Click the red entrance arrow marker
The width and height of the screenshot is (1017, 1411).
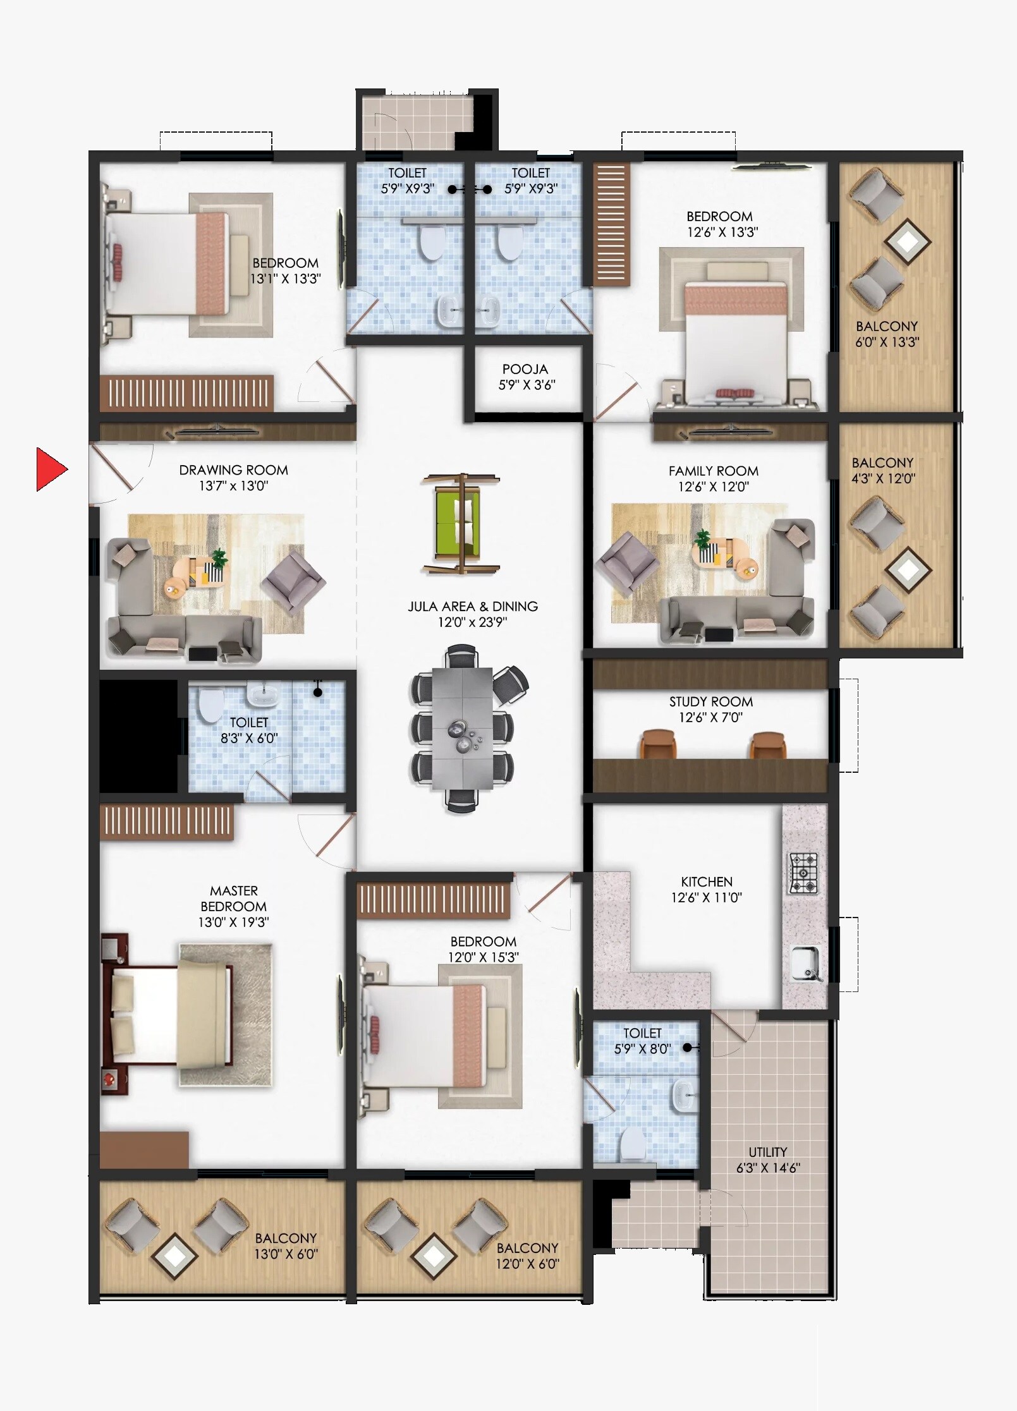point(50,469)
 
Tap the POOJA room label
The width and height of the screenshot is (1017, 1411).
point(525,369)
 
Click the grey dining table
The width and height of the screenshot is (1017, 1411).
point(462,728)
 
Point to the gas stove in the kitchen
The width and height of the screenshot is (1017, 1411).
point(803,873)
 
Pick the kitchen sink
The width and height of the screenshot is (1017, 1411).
point(806,964)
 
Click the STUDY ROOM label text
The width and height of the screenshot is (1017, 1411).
point(711,701)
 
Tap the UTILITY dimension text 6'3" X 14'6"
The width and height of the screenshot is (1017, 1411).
point(767,1168)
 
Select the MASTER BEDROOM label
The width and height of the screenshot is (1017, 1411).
point(233,899)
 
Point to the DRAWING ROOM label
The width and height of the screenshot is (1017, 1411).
point(233,470)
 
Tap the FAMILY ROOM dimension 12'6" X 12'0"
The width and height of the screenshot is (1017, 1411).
point(713,487)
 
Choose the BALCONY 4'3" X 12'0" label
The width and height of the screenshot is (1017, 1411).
point(882,470)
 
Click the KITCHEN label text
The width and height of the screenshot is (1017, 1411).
point(707,881)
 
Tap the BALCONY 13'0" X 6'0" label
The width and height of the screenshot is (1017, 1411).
point(286,1245)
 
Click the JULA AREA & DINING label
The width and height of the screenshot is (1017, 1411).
point(473,607)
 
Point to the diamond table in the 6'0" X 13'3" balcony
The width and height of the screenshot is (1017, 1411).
point(908,241)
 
